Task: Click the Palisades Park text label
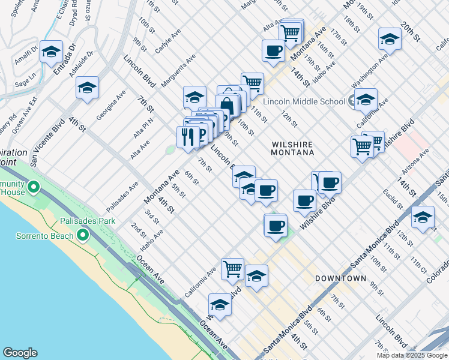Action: pyautogui.click(x=87, y=221)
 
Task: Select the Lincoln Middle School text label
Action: pyautogui.click(x=304, y=101)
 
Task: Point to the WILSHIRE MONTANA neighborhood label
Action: pyautogui.click(x=293, y=148)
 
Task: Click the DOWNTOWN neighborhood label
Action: pyautogui.click(x=340, y=278)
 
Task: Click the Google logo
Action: pyautogui.click(x=20, y=353)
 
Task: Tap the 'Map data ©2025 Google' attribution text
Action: pyautogui.click(x=412, y=355)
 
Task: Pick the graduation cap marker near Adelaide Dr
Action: pyautogui.click(x=88, y=89)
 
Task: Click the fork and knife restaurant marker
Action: pyautogui.click(x=188, y=137)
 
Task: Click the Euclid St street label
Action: pyautogui.click(x=393, y=199)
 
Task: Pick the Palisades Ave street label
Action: pyautogui.click(x=122, y=196)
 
